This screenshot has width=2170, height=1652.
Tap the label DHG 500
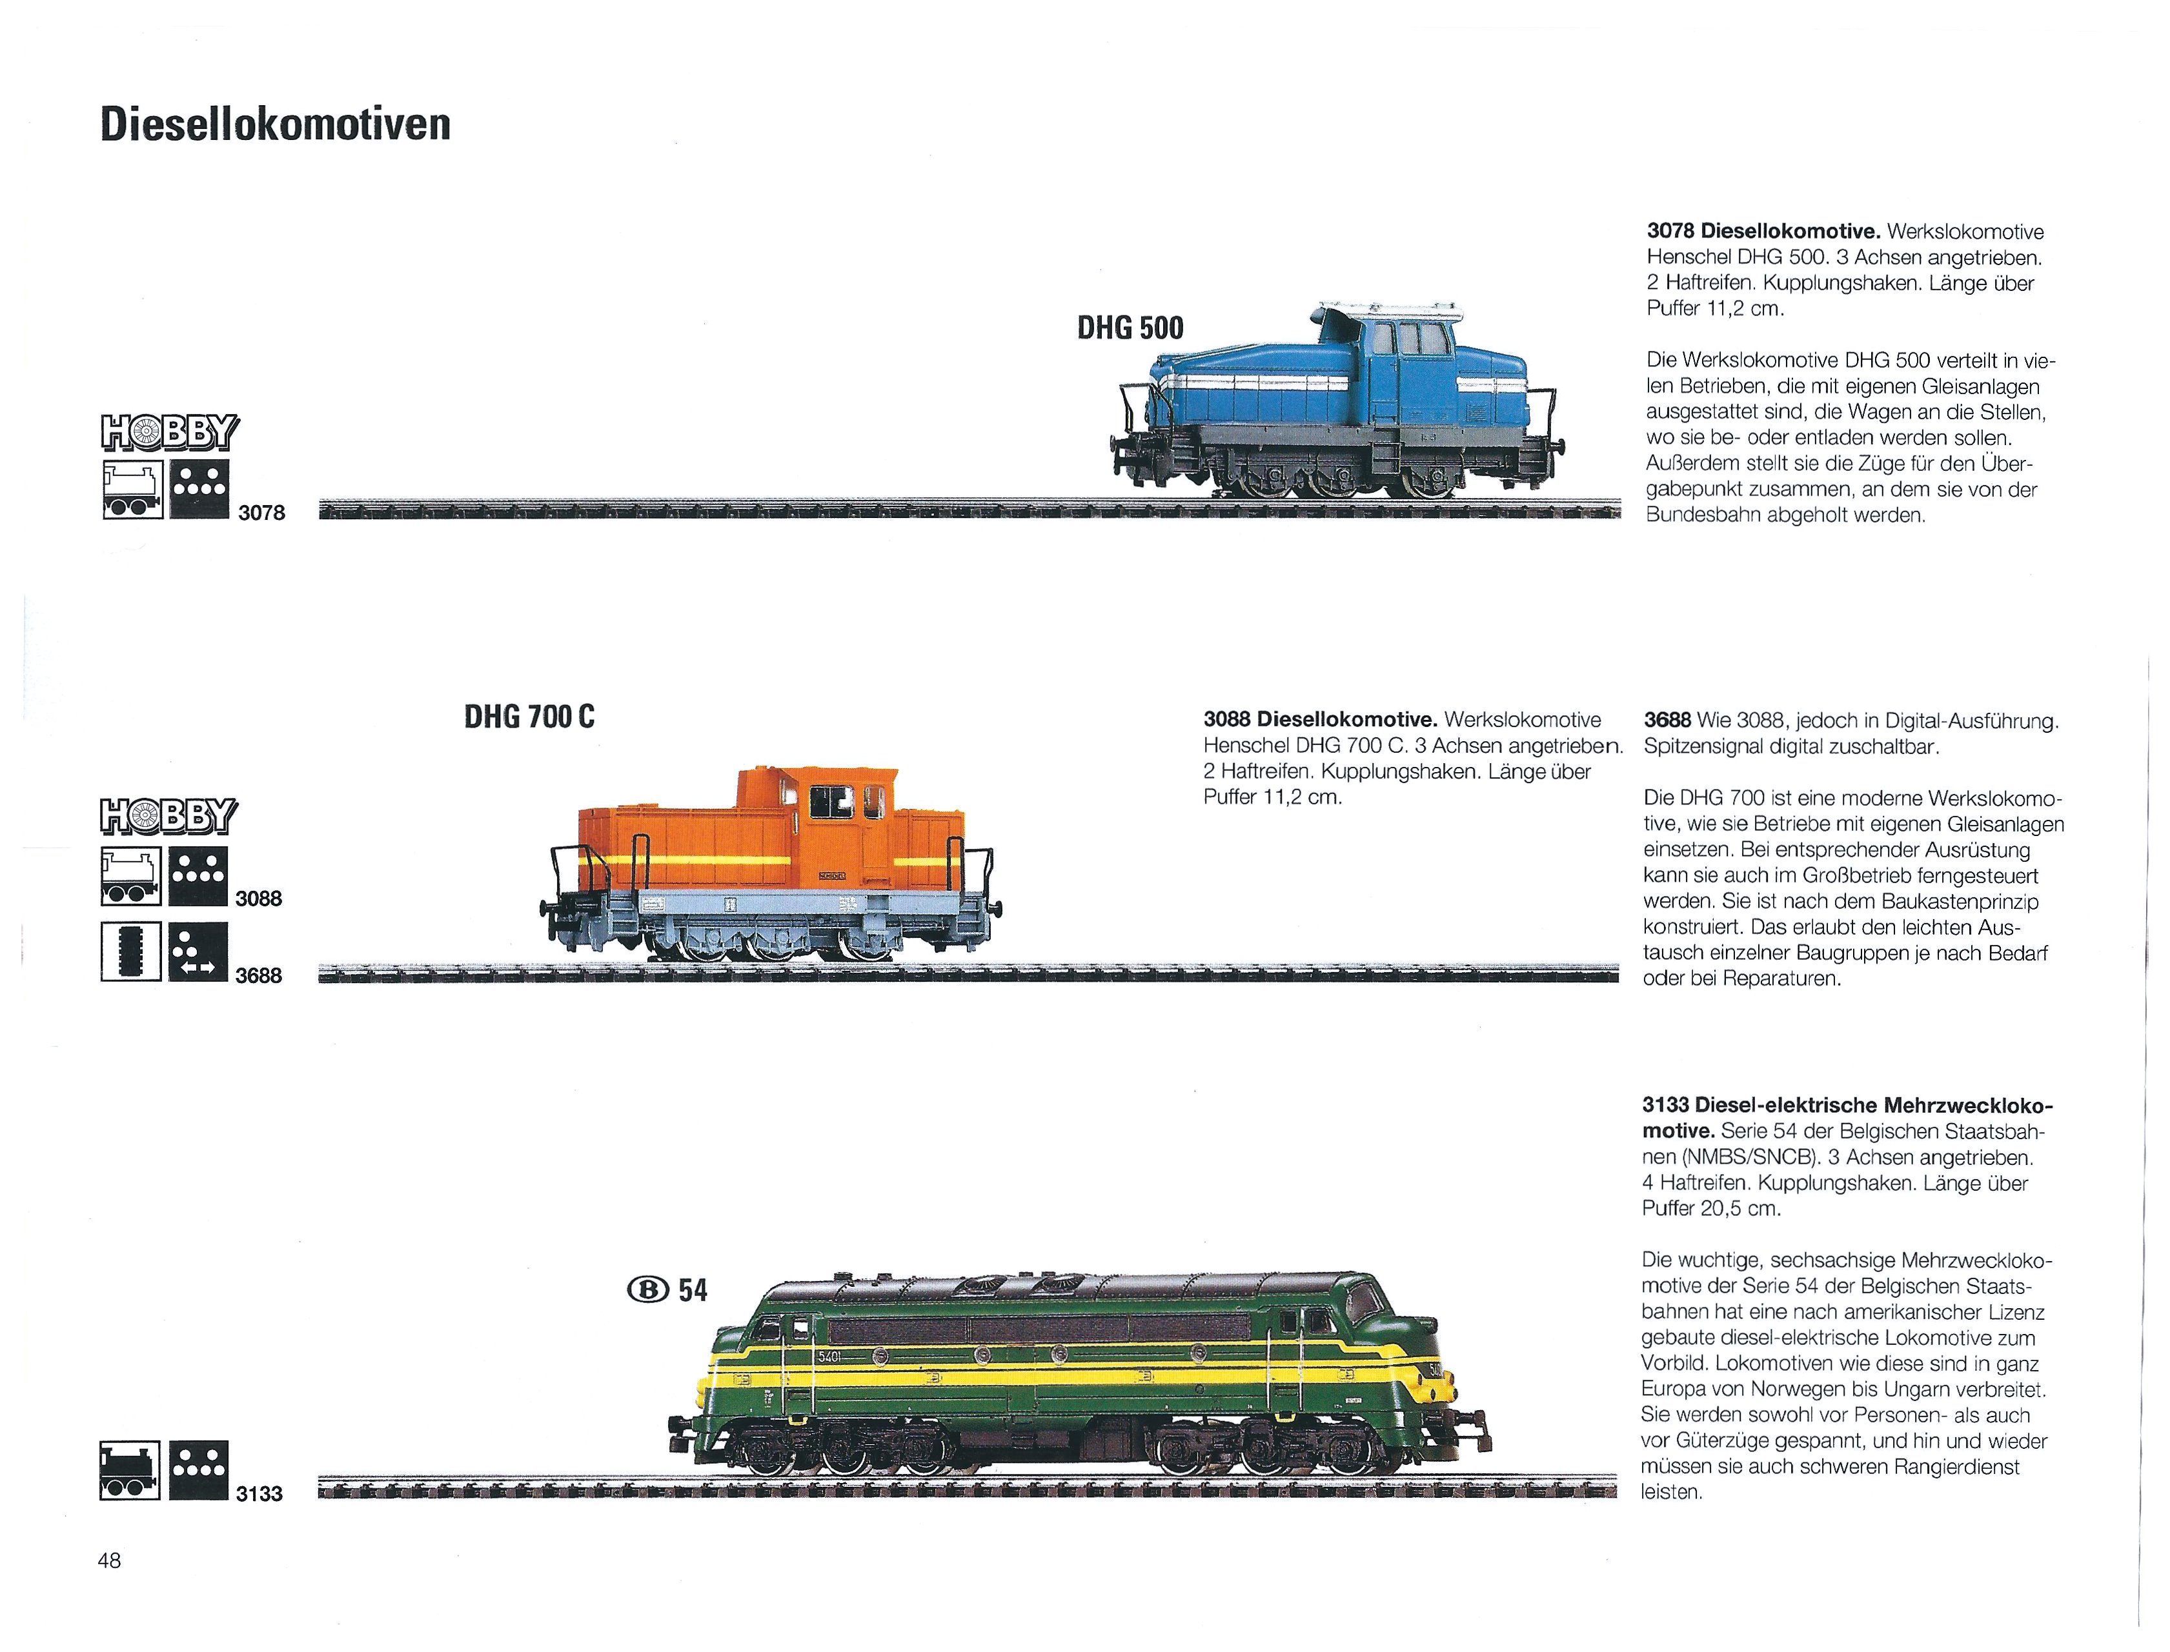point(1130,328)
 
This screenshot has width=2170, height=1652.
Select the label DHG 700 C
point(529,717)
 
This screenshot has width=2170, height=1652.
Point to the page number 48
point(109,1560)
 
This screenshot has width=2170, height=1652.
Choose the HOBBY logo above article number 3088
point(169,816)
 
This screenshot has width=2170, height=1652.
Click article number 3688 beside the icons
point(259,975)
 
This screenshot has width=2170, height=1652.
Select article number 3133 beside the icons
point(259,1494)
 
